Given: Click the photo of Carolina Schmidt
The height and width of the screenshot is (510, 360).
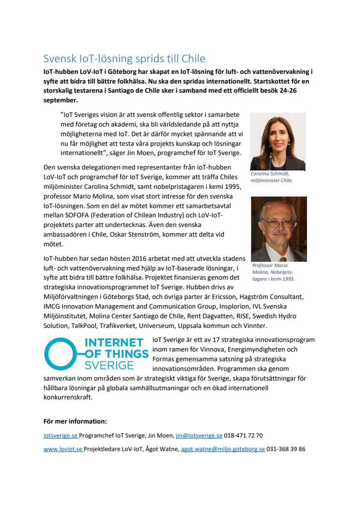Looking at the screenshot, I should point(277,142).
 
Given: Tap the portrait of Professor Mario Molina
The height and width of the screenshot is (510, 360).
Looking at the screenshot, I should point(278,229).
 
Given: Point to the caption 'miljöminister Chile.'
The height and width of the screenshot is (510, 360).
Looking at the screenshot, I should point(271,180).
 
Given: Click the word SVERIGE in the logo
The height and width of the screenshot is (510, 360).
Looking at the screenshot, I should point(110,365).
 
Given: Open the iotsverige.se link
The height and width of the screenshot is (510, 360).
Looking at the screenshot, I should point(60,435).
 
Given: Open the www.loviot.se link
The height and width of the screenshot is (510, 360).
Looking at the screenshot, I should point(62,449).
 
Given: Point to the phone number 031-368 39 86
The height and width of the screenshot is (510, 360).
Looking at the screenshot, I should point(286,449).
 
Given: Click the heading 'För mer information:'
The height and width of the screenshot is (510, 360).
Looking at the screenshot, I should point(75,421).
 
